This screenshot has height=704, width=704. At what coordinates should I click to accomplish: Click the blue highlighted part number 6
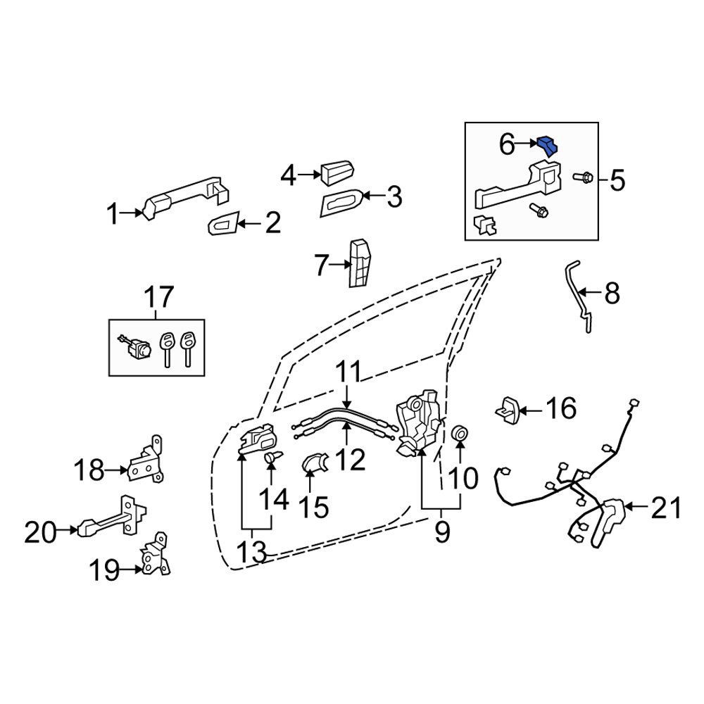[547, 145]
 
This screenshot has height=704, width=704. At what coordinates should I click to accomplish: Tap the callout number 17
[159, 298]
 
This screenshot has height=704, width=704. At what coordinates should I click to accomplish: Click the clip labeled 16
[510, 409]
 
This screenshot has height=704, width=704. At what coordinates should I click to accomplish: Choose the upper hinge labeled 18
[146, 461]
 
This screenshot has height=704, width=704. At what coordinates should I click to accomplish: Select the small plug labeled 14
[272, 458]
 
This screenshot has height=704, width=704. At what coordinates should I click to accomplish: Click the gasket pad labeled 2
[223, 225]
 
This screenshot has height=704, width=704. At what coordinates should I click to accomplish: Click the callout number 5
[617, 181]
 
